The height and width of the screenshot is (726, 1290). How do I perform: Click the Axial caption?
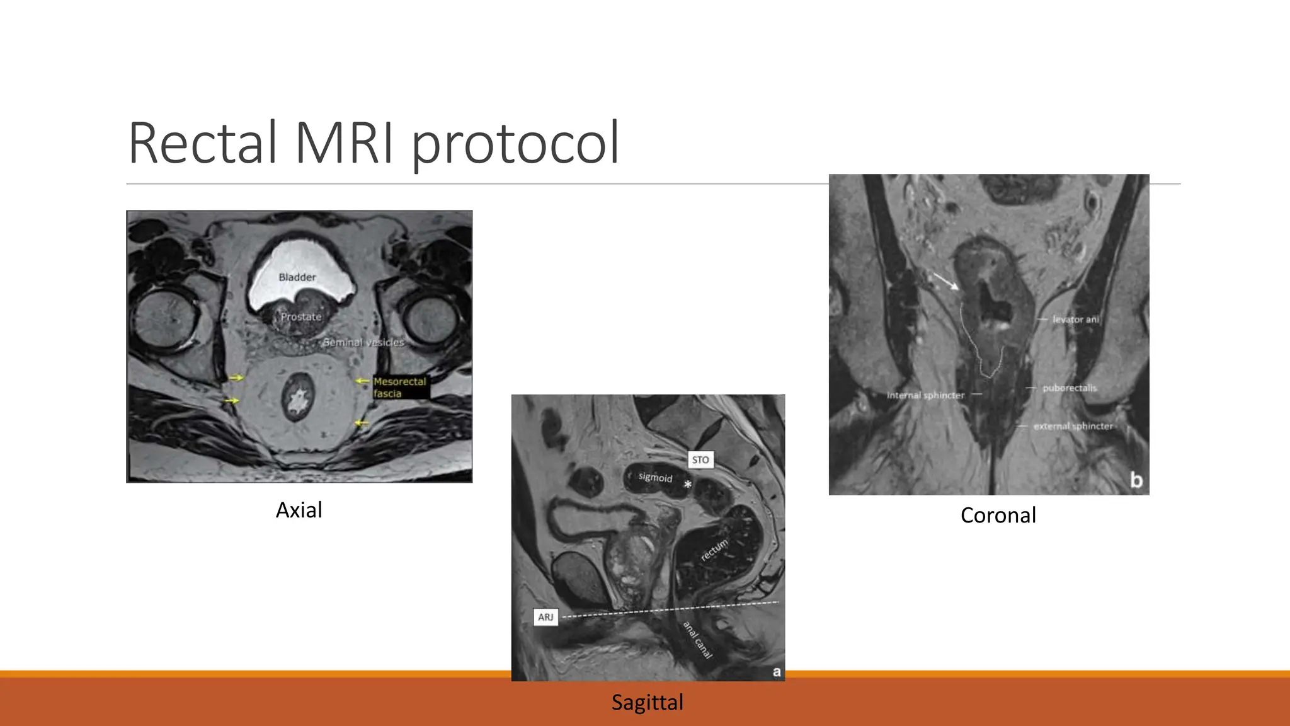(x=299, y=510)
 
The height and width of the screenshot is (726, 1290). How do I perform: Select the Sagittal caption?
(x=647, y=702)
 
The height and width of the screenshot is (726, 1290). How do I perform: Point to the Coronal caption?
(x=998, y=516)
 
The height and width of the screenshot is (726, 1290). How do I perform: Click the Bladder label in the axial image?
(x=297, y=277)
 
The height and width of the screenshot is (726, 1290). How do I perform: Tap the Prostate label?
(x=301, y=317)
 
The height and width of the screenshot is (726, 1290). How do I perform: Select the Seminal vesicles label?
(x=363, y=342)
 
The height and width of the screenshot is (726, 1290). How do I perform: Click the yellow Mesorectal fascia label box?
(x=400, y=387)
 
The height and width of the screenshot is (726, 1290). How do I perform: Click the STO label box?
(x=700, y=460)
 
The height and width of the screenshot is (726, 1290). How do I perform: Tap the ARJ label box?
(x=545, y=617)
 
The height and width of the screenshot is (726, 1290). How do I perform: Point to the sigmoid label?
(x=655, y=477)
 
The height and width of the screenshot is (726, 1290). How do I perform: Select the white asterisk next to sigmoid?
(x=688, y=485)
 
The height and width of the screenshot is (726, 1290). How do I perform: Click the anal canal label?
(x=698, y=640)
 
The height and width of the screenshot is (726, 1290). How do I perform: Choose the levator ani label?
(x=1075, y=320)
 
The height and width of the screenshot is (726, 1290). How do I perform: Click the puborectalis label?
(x=1069, y=388)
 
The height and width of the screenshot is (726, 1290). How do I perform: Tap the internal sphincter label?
(x=925, y=395)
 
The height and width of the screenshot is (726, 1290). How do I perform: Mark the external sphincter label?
(x=1073, y=427)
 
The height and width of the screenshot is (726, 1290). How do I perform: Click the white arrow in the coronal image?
(x=945, y=281)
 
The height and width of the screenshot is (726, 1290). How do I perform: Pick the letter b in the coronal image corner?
(x=1136, y=480)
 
